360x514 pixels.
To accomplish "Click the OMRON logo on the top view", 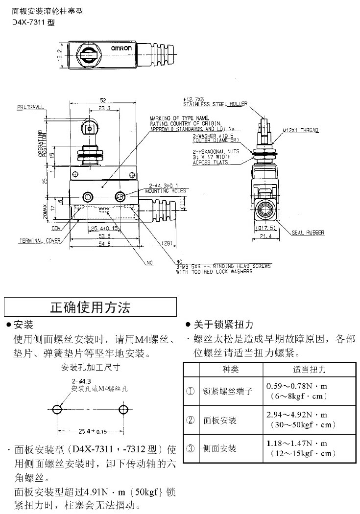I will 120,48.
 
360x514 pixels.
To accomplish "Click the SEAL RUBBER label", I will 309,233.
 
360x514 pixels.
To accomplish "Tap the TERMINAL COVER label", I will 40,241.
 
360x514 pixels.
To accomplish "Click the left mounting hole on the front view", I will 88,197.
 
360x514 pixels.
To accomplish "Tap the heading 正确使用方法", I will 91,307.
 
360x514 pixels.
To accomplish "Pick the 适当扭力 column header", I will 310,369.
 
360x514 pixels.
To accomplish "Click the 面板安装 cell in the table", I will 220,421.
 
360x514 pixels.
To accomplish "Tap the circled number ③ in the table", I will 191,448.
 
